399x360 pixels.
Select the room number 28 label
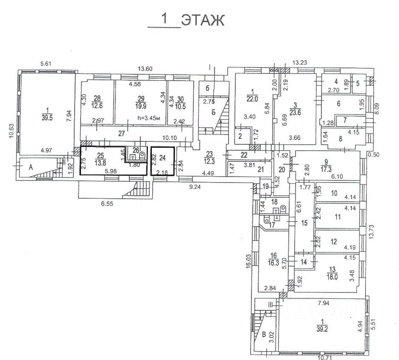(x=98, y=98)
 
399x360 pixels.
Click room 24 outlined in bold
(x=162, y=161)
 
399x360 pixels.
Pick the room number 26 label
(x=136, y=150)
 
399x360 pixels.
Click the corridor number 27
(x=122, y=133)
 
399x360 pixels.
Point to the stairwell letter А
(x=31, y=168)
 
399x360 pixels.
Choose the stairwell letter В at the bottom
(x=264, y=333)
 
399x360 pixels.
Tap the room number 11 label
(x=338, y=217)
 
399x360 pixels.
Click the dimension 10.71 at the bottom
(x=324, y=357)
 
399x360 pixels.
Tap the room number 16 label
(x=272, y=256)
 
